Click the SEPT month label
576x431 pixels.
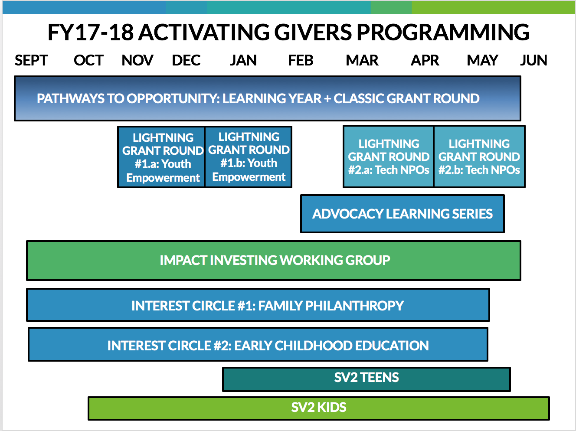click(x=31, y=60)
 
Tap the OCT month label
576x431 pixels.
click(x=88, y=60)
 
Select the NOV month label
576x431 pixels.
click(x=137, y=60)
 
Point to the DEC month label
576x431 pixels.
click(x=186, y=60)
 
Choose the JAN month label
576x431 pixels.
click(x=243, y=60)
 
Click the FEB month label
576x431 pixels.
click(x=301, y=60)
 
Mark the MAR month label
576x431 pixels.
click(x=362, y=60)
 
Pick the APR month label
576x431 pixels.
click(x=425, y=60)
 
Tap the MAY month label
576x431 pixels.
click(x=482, y=60)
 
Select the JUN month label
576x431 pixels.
click(x=533, y=60)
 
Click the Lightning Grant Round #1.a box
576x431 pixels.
click(x=161, y=157)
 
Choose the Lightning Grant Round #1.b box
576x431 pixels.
click(x=249, y=157)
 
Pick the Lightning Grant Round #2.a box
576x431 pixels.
click(x=389, y=157)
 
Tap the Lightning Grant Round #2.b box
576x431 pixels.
click(x=479, y=157)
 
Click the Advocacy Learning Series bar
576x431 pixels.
click(x=402, y=214)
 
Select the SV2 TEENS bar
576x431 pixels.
click(x=367, y=379)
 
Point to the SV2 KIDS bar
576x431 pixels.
click(x=319, y=408)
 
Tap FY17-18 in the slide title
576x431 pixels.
click(x=91, y=32)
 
